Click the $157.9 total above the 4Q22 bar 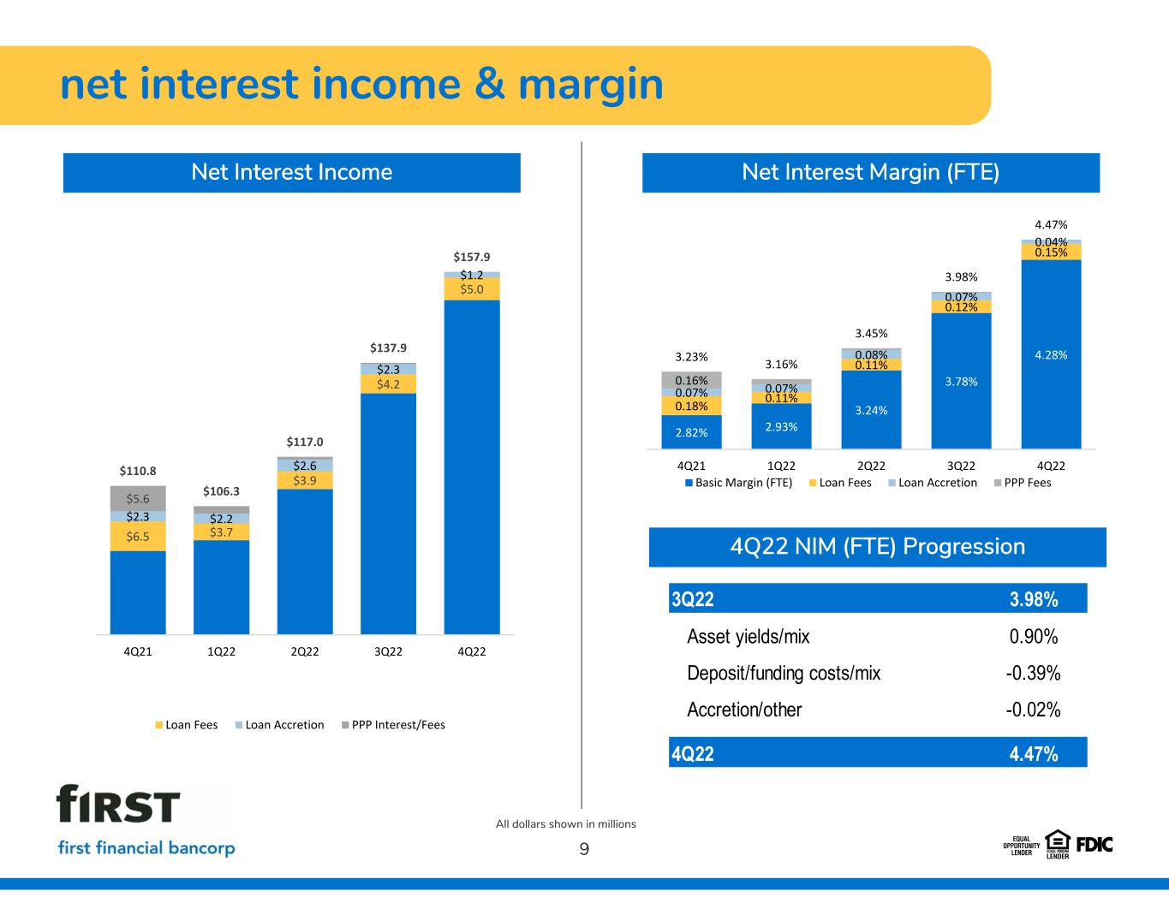click(471, 257)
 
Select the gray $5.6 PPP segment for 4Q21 click(138, 498)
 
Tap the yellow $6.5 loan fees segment click(138, 537)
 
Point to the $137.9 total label click(388, 348)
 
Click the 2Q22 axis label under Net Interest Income click(305, 651)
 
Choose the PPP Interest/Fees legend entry click(393, 725)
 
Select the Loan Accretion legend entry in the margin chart click(933, 483)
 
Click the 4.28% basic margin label click(1051, 354)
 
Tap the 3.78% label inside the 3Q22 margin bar click(961, 382)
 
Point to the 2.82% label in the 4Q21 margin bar click(691, 433)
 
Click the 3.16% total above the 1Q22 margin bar click(781, 365)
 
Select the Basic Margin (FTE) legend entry click(738, 483)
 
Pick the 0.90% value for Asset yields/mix click(1034, 637)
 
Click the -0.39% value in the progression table click(1033, 673)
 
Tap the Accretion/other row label click(744, 710)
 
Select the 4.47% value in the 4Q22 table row click(1034, 753)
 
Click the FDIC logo click(1094, 845)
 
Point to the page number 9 click(584, 849)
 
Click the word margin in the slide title click(591, 85)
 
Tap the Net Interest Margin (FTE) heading click(870, 173)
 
